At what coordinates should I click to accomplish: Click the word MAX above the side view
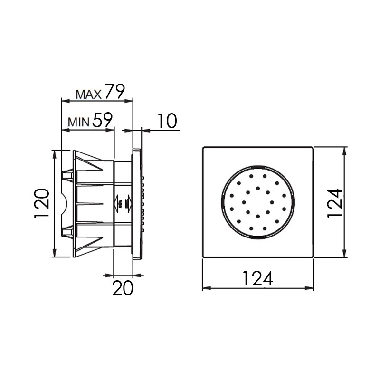(88, 94)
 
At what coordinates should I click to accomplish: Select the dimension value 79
(115, 91)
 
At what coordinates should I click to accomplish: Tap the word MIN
(78, 122)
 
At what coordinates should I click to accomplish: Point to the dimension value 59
(103, 120)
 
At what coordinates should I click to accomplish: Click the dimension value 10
(168, 121)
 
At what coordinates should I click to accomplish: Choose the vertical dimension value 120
(42, 203)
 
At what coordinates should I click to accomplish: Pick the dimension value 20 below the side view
(123, 288)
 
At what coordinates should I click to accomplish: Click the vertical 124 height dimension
(335, 203)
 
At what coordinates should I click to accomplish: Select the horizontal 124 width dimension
(257, 278)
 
